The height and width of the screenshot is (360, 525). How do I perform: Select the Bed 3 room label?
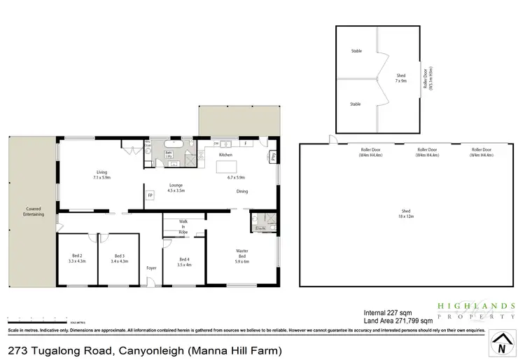tap(119, 258)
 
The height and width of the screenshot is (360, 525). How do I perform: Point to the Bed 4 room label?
tap(185, 261)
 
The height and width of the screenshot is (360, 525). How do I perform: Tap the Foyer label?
tap(151, 268)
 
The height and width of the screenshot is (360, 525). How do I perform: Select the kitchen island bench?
tap(227, 167)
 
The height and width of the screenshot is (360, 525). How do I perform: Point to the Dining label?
tap(242, 191)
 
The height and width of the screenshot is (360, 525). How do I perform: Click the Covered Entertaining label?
tap(34, 211)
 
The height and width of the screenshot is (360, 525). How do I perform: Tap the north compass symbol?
tap(500, 345)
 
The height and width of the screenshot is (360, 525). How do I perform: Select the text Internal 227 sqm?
tap(388, 313)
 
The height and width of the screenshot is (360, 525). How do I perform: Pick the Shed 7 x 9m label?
tap(400, 78)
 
